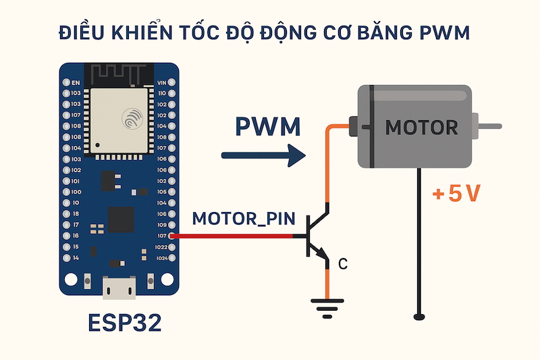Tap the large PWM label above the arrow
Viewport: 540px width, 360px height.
pyautogui.click(x=268, y=127)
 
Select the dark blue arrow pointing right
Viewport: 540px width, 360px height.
pyautogui.click(x=264, y=156)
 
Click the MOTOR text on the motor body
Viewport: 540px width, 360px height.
pyautogui.click(x=421, y=126)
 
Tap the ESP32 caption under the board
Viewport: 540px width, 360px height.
pyautogui.click(x=125, y=323)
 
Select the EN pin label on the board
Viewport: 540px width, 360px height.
pyautogui.click(x=76, y=82)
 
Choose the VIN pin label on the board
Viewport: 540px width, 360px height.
pyautogui.click(x=161, y=82)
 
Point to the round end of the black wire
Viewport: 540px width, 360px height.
pyautogui.click(x=419, y=315)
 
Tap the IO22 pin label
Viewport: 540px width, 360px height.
pyautogui.click(x=161, y=247)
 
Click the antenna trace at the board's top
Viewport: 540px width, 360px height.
pyautogui.click(x=119, y=72)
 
